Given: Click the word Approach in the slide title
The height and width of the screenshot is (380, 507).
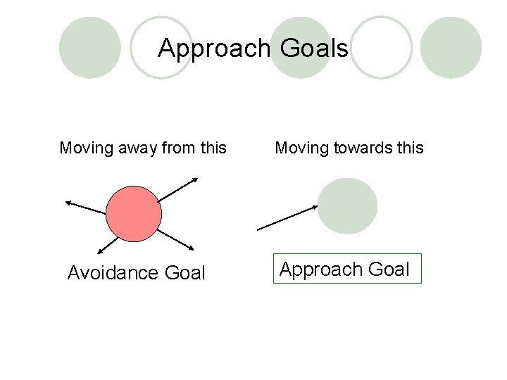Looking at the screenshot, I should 214,49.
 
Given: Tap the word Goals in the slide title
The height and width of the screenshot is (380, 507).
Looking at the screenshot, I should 313,49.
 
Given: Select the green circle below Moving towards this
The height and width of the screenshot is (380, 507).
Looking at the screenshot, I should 347,206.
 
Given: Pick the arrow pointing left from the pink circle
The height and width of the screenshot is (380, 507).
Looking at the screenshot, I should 85,208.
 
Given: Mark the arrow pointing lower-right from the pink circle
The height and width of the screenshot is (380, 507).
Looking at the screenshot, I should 175,239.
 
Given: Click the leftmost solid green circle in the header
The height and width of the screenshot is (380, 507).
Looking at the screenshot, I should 89,48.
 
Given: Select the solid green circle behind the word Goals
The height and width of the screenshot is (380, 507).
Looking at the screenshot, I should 301,48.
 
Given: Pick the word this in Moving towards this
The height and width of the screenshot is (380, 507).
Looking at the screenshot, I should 410,148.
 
